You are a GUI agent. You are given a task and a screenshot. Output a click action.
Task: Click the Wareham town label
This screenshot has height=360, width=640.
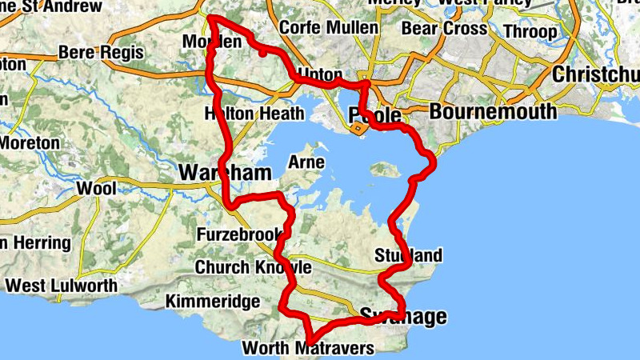(x=225, y=172)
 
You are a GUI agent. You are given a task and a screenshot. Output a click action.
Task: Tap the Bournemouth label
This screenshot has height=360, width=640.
(x=493, y=111)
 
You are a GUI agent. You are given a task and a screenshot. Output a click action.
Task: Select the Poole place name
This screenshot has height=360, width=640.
(x=374, y=114)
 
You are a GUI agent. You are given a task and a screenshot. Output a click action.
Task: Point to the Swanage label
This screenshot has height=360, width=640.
(x=403, y=316)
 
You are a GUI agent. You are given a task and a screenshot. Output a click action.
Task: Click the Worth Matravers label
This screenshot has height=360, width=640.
(x=307, y=348)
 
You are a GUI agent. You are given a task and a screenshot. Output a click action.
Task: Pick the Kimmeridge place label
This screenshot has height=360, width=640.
(x=212, y=302)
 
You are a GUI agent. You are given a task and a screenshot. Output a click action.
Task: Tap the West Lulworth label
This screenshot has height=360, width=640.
(x=61, y=285)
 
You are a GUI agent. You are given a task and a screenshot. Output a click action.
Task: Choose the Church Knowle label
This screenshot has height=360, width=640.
(x=253, y=266)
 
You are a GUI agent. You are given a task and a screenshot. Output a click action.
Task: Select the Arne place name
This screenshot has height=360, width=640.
(x=307, y=162)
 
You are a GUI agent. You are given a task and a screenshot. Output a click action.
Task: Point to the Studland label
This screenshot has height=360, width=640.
(x=408, y=256)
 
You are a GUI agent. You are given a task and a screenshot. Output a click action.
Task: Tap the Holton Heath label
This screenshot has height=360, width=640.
(x=255, y=112)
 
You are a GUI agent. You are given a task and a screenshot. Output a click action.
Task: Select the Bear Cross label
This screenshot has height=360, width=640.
(x=444, y=29)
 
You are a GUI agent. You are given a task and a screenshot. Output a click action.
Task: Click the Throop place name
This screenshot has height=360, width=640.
(x=532, y=32)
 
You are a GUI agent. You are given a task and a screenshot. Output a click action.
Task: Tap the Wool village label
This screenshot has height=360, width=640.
(x=96, y=189)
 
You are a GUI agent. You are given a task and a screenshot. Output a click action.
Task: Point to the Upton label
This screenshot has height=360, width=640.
(x=319, y=74)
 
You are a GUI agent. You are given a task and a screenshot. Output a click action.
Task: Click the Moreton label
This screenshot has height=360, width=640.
(x=30, y=142)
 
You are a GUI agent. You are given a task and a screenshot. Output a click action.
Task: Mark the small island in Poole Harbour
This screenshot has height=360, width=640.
(x=385, y=170)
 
